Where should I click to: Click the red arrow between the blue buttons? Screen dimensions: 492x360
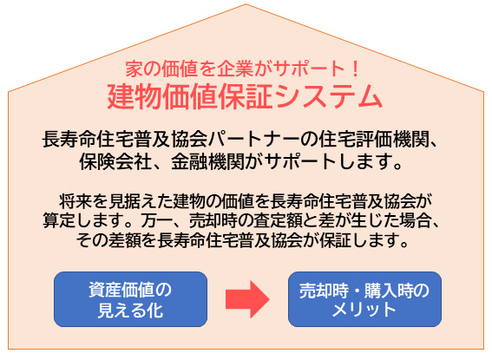point(247,299)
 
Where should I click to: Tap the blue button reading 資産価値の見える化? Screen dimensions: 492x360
point(130,299)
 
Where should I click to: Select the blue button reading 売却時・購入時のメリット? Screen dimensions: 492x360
point(364,299)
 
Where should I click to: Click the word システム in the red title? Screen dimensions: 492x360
point(328,96)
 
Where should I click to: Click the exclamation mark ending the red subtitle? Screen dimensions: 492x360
point(355,69)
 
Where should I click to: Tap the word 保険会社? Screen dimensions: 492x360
point(115,162)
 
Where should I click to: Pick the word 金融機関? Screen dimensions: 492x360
point(207,162)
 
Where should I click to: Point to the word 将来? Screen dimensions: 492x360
point(75,201)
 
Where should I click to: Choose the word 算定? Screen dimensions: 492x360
point(59,220)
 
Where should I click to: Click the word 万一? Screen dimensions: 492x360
point(156,220)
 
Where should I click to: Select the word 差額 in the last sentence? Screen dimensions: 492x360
point(125,240)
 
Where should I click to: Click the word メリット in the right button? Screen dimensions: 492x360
point(364,310)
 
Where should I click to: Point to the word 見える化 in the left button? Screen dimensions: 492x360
point(130,310)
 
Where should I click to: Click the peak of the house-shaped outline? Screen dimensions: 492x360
point(246,4)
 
